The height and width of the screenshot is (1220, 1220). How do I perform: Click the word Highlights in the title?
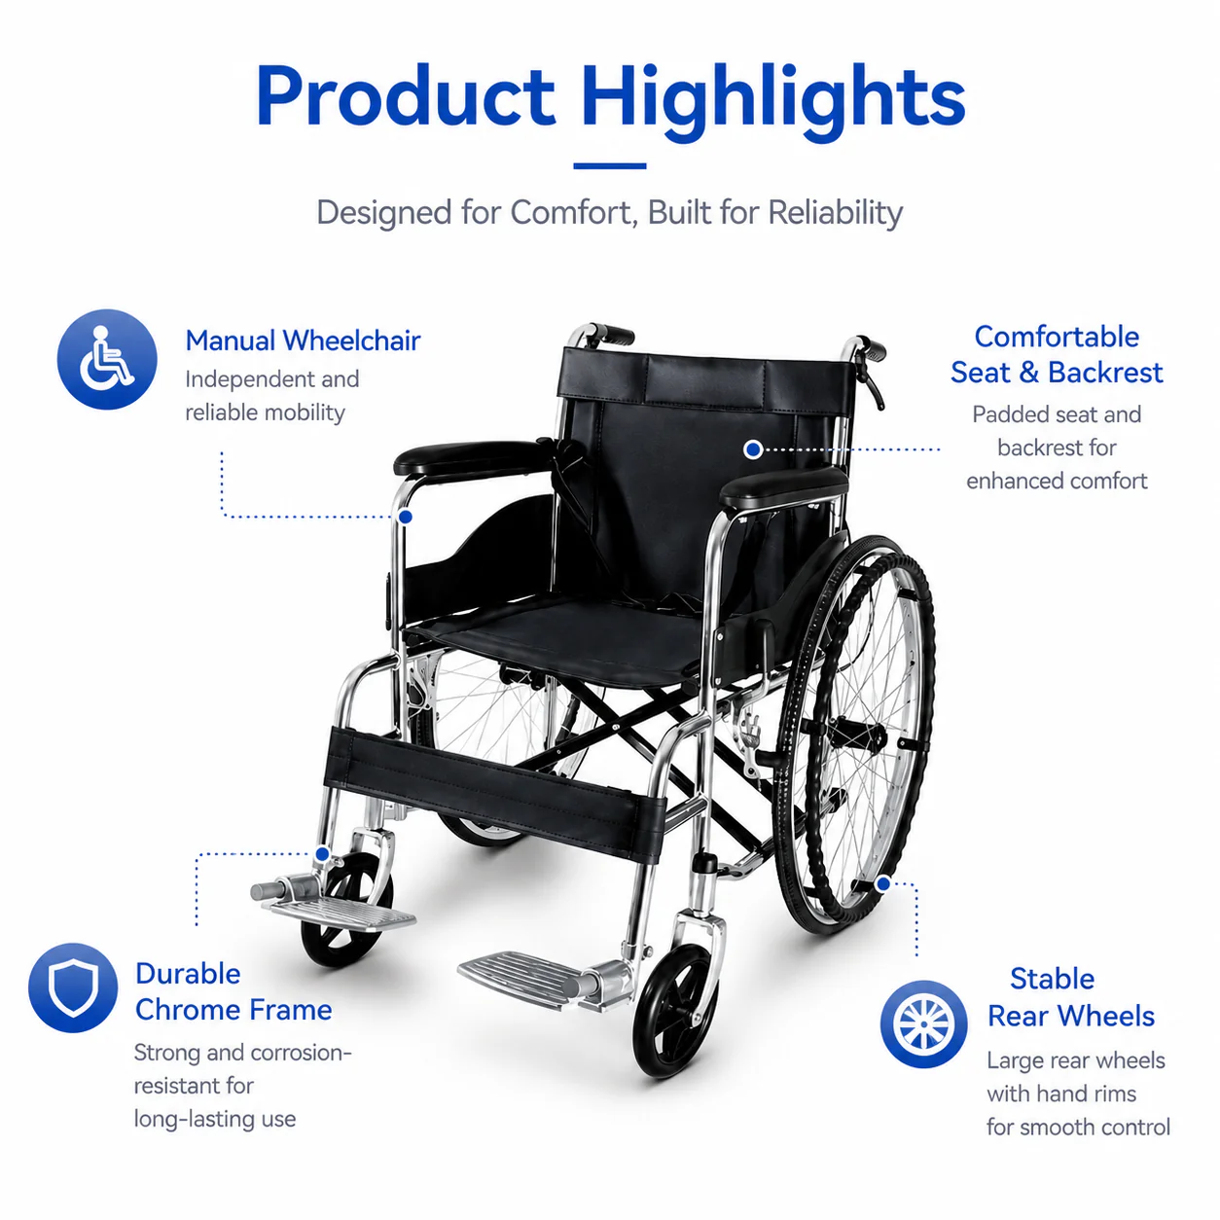pos(772,101)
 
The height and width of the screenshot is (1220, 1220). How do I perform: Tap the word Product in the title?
pos(406,95)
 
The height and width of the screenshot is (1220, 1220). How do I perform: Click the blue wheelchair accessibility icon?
pos(107,359)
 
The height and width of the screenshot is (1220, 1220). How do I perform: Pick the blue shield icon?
pos(73,987)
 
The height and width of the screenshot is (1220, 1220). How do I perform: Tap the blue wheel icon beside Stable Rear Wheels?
pos(923,1023)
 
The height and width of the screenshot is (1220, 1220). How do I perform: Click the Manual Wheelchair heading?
pos(303,341)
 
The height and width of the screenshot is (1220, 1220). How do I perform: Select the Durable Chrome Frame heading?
pos(233,991)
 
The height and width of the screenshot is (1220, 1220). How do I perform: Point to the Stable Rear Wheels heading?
pos(1070,998)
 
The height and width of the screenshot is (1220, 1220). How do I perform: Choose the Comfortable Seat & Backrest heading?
pos(1057,354)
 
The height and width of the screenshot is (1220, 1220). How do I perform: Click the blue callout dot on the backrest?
pos(753,449)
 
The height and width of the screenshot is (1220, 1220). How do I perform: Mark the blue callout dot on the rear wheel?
pos(883,883)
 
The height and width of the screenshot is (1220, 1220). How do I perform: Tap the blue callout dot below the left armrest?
pos(406,517)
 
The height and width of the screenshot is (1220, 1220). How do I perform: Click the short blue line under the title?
pos(610,166)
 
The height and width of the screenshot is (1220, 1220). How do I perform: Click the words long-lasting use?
pos(215,1120)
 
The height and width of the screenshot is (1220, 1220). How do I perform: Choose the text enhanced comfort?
pos(1057,482)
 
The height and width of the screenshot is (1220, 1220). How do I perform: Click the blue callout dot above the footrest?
pos(322,854)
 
